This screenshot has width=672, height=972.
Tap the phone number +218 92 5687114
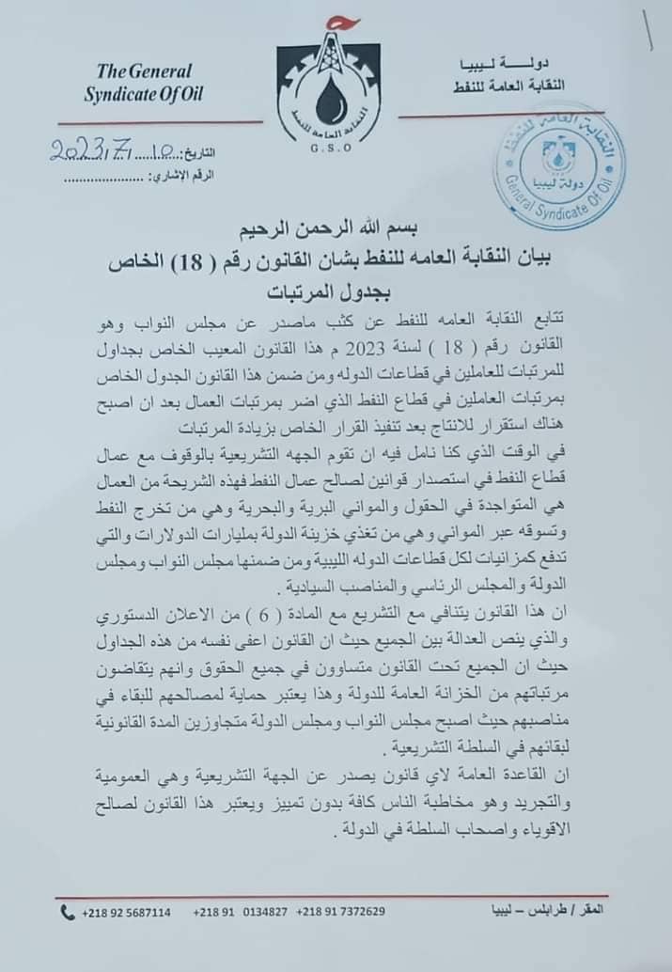click(128, 912)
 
